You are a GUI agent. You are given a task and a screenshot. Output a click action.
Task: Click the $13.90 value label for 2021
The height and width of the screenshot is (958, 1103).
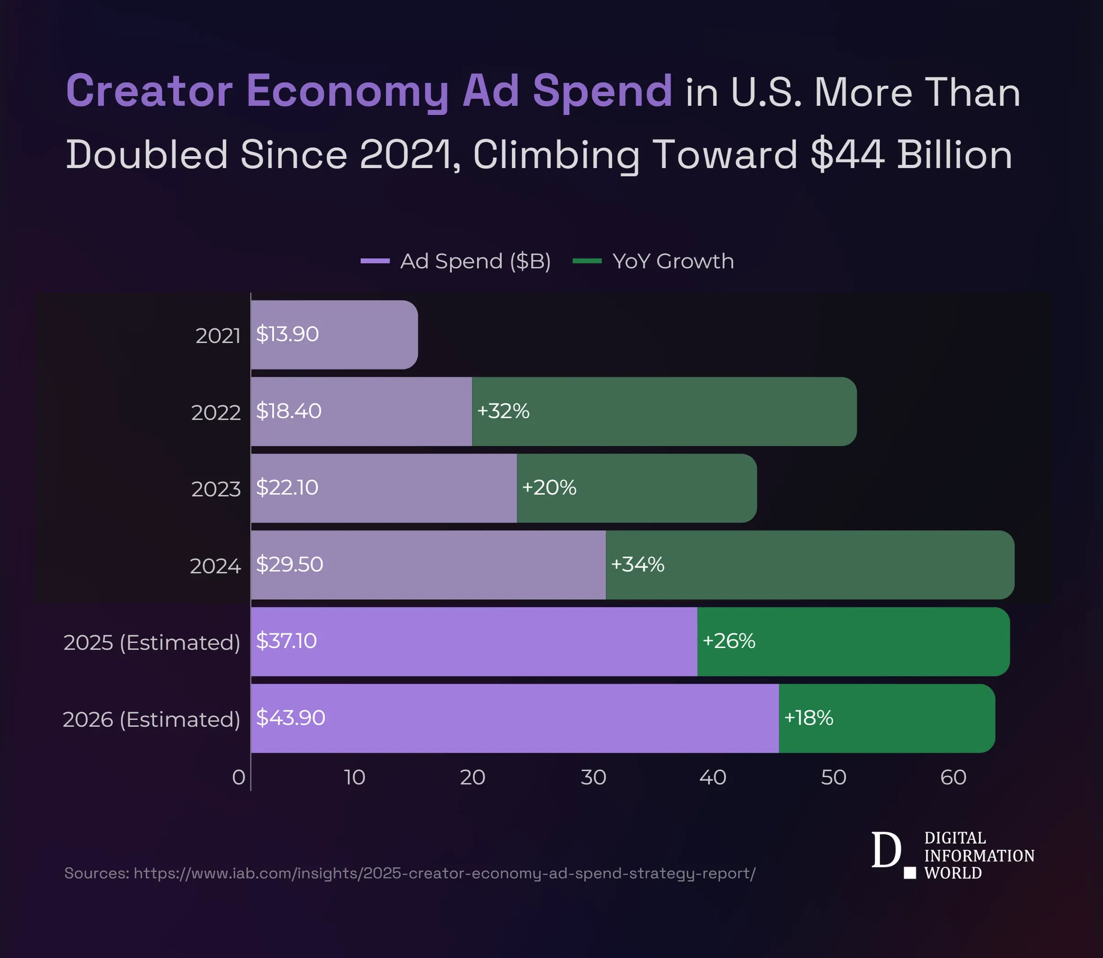point(287,334)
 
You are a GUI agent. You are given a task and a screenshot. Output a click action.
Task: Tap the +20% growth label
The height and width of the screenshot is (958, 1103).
point(549,488)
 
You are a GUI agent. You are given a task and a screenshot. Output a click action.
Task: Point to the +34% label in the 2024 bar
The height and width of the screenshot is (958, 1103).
point(637,564)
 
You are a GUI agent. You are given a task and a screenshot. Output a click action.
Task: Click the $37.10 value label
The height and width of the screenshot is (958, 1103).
point(286,641)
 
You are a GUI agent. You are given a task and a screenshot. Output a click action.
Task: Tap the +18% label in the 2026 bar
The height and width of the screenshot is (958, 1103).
point(808,718)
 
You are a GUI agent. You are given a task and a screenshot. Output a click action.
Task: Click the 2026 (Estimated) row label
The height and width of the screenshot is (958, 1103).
point(151,719)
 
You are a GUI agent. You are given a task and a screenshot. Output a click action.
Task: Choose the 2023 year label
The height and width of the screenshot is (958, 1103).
point(216,489)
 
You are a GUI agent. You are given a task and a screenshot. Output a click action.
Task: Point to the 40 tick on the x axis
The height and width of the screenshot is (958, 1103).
point(713,777)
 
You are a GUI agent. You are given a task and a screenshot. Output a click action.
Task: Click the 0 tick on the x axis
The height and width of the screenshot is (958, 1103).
point(239,777)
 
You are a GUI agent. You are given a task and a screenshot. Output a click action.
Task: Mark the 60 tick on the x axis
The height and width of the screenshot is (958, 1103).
point(953,777)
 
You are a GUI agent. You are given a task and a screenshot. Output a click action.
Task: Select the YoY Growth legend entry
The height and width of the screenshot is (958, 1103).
point(672,261)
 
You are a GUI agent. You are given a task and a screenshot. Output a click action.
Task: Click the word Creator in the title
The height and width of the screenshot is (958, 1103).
point(149,91)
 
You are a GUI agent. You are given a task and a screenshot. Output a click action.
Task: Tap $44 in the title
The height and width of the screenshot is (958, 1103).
point(847,155)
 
